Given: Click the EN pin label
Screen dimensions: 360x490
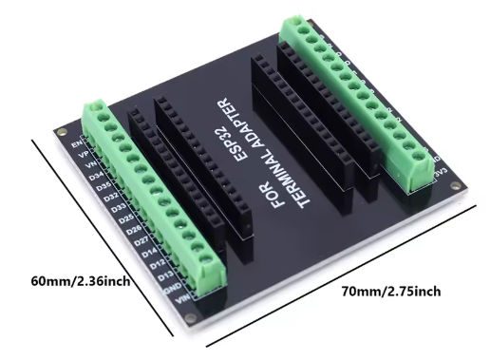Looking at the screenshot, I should pyautogui.click(x=76, y=142).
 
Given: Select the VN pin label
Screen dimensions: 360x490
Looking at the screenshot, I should pyautogui.click(x=87, y=163).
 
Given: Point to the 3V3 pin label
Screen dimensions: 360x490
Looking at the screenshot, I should pyautogui.click(x=440, y=174).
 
